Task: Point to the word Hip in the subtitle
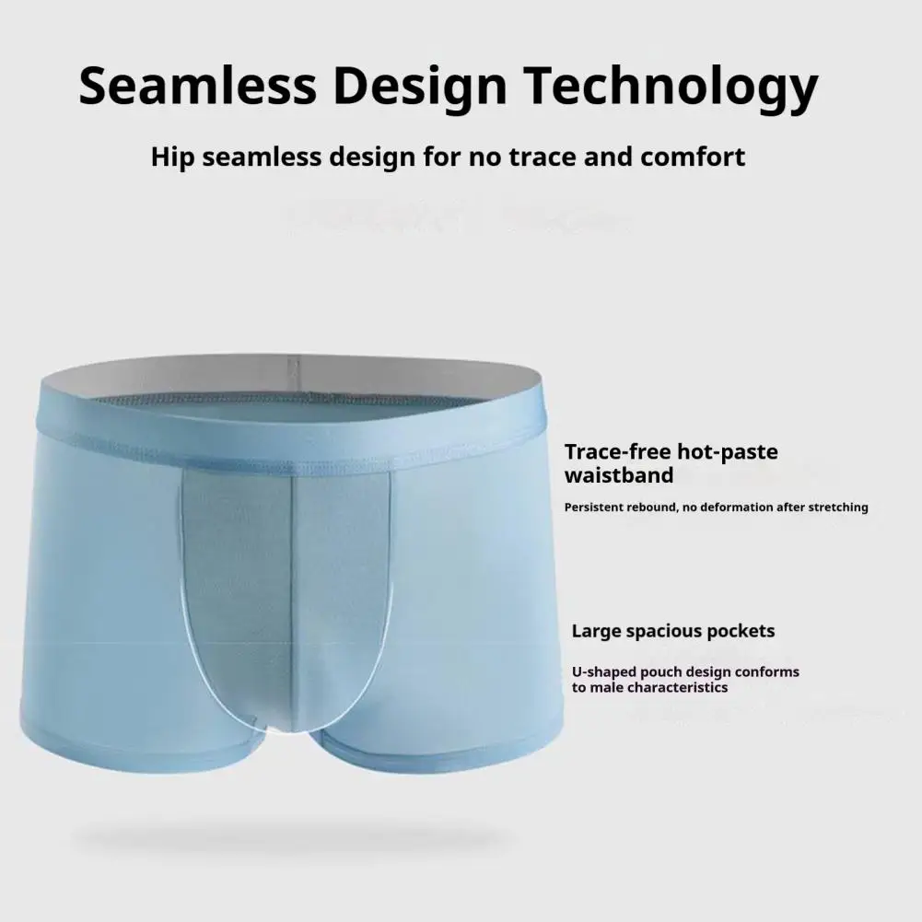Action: coord(173,157)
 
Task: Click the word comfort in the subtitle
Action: coord(692,157)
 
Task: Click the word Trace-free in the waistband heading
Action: coord(616,452)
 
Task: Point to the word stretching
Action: coord(835,508)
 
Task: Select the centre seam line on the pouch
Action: coord(292,589)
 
